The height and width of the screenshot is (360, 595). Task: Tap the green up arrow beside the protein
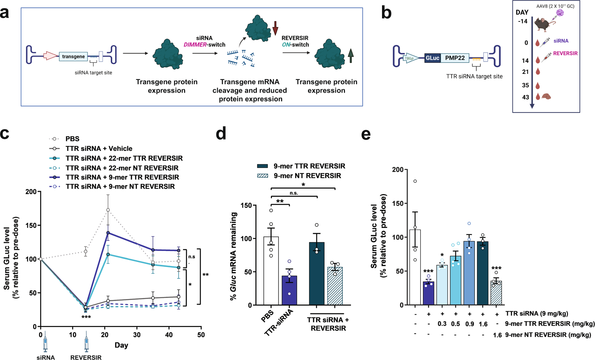click(x=351, y=56)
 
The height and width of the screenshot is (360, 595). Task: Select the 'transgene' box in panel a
click(x=73, y=57)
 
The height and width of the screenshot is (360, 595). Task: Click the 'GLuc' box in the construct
click(x=432, y=58)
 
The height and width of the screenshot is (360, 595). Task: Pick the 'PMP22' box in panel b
click(x=455, y=58)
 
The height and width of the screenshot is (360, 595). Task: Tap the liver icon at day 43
click(x=546, y=97)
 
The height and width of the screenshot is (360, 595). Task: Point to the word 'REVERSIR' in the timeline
click(x=565, y=53)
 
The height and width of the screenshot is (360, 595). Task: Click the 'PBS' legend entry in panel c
click(x=72, y=139)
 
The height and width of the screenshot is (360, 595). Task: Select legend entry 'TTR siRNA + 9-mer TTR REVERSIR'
click(x=122, y=177)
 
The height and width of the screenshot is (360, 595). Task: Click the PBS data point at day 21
click(x=108, y=210)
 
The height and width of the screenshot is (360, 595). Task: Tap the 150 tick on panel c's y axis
click(x=32, y=225)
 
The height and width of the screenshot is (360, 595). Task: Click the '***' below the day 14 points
click(x=86, y=317)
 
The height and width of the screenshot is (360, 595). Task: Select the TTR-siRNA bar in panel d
click(x=289, y=290)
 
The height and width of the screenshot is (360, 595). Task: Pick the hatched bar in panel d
click(x=335, y=286)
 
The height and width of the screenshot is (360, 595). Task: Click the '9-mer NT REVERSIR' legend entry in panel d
click(x=307, y=176)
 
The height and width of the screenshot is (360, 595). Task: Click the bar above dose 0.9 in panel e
click(x=469, y=273)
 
